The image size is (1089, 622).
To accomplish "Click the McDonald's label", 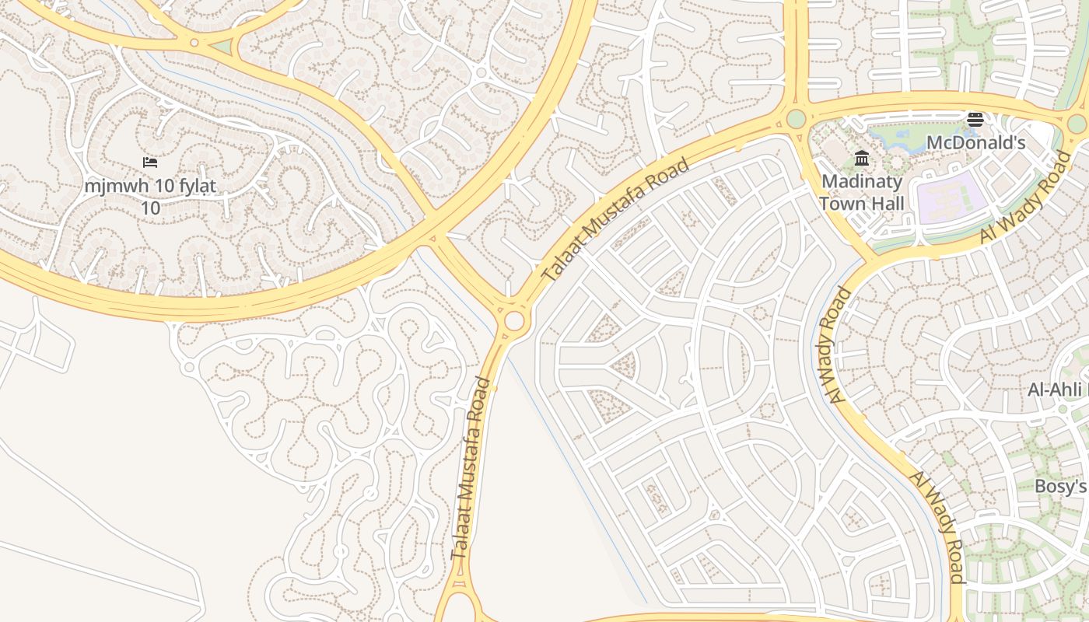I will pyautogui.click(x=976, y=143).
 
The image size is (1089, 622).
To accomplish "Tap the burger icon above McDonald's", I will pyautogui.click(x=975, y=120).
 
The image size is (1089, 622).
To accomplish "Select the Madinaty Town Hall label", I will pyautogui.click(x=861, y=193).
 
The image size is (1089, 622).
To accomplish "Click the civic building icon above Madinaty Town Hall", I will pyautogui.click(x=862, y=159).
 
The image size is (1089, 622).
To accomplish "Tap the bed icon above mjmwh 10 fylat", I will pyautogui.click(x=150, y=162).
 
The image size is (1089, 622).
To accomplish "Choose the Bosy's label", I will pyautogui.click(x=1060, y=487).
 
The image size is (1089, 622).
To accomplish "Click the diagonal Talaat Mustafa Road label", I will pyautogui.click(x=615, y=221).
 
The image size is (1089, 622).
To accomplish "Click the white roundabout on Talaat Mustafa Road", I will pyautogui.click(x=514, y=321).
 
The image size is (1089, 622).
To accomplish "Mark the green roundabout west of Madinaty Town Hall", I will pyautogui.click(x=796, y=119).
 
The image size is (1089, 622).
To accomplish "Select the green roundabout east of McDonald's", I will pyautogui.click(x=1077, y=123).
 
